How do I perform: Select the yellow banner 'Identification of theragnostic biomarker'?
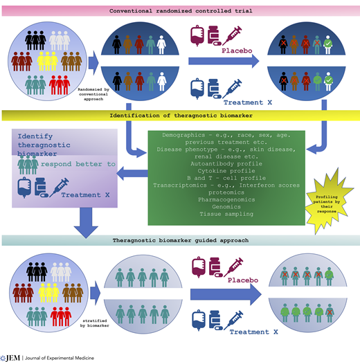(x=180, y=114)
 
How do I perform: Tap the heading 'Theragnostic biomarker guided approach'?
(x=180, y=239)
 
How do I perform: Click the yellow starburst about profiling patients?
(x=325, y=200)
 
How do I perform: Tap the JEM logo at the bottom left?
(x=12, y=356)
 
